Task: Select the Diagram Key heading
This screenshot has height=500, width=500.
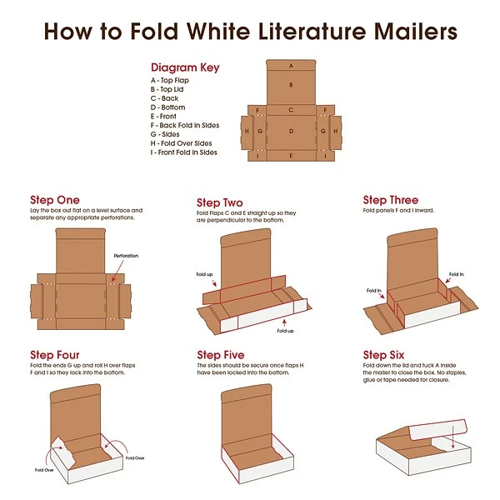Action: pos(185,67)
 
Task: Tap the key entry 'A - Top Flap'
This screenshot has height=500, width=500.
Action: pos(172,79)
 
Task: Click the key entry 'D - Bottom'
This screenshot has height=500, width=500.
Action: pos(168,107)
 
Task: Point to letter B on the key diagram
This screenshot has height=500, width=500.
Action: pos(291,84)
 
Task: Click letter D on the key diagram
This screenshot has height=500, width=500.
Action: pos(291,131)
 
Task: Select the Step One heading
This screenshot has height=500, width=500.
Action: pos(55,200)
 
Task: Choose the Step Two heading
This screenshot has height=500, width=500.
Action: pos(220,202)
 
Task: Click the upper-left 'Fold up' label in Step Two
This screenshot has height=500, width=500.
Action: pos(205,273)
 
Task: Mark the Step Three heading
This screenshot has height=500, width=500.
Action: pos(390,200)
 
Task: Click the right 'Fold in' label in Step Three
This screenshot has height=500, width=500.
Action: pos(457,273)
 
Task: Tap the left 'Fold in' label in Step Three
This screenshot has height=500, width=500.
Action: pos(373,291)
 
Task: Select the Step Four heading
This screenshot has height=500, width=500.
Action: pos(55,355)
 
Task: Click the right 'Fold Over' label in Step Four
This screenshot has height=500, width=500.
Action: pos(135,457)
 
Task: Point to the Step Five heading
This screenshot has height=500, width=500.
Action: pos(220,355)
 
